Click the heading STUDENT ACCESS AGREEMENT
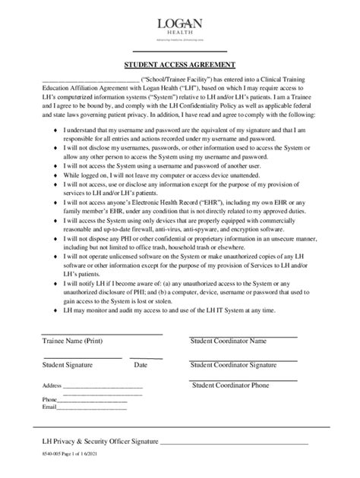[180, 64]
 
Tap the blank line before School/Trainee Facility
[90, 81]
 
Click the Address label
[52, 385]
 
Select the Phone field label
[50, 399]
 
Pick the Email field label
[49, 407]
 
